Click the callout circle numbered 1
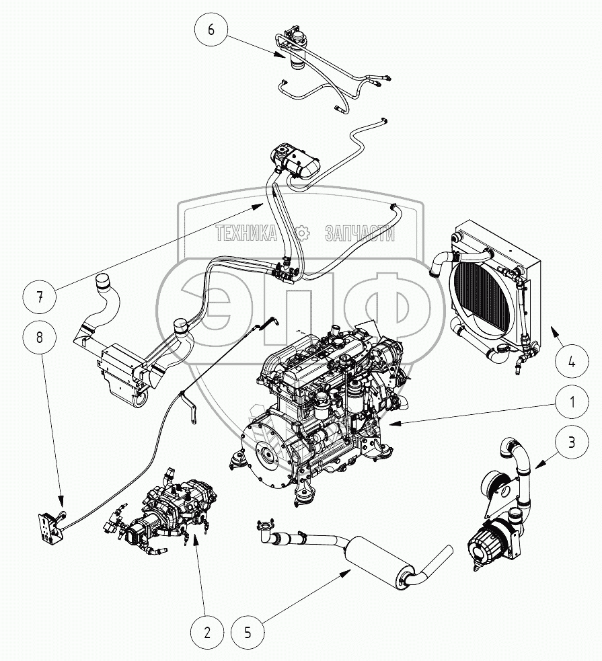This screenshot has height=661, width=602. click(571, 403)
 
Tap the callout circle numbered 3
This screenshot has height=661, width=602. click(571, 442)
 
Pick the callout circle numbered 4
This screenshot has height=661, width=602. click(571, 361)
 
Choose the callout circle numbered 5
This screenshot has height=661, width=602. click(248, 632)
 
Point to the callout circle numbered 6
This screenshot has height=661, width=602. click(211, 30)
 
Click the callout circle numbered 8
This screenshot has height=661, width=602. click(40, 338)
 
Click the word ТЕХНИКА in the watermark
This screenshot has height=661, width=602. click(247, 233)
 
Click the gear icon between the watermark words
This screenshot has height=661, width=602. click(302, 233)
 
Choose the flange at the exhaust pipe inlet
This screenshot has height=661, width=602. click(266, 526)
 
